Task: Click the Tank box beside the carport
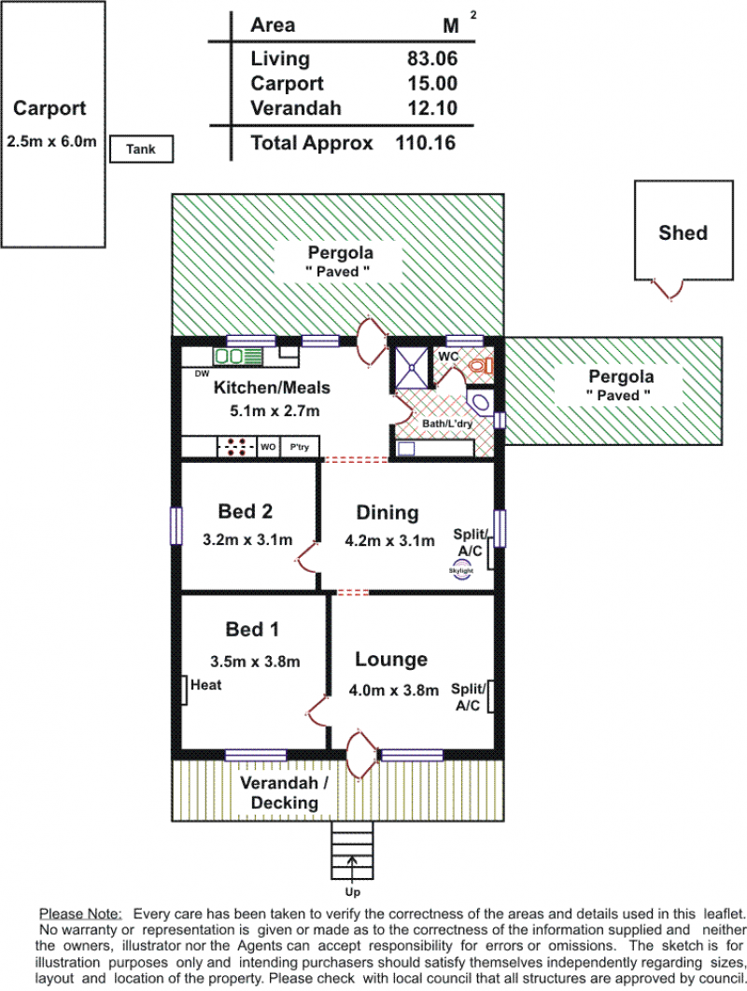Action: click(x=141, y=149)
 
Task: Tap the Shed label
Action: click(x=684, y=232)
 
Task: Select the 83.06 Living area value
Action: click(x=432, y=58)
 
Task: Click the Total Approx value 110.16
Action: click(x=425, y=143)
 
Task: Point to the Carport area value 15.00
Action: click(x=432, y=83)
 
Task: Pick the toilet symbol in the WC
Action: click(x=482, y=365)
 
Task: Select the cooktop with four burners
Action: click(x=236, y=447)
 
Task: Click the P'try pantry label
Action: click(x=299, y=447)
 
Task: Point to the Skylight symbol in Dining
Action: click(x=461, y=571)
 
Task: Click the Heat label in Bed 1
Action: click(x=206, y=685)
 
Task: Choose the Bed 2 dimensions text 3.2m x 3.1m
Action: click(x=247, y=539)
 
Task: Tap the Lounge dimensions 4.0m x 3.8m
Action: click(x=393, y=691)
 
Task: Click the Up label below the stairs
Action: click(x=352, y=892)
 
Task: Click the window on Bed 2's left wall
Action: click(x=176, y=526)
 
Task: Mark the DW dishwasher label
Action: click(x=202, y=374)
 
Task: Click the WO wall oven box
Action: click(x=268, y=447)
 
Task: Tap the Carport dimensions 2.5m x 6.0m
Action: click(x=52, y=142)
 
